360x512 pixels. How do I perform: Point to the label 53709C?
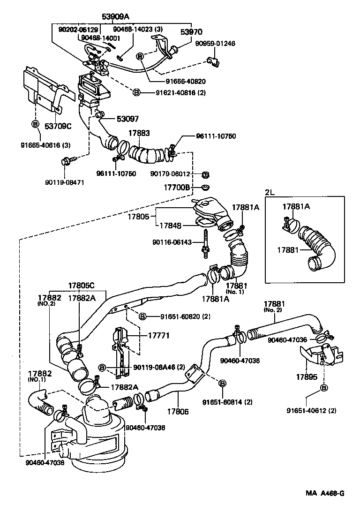(x=58, y=125)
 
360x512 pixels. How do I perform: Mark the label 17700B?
(x=177, y=187)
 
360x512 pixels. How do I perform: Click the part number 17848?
(x=170, y=225)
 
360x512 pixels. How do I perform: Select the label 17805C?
(x=82, y=286)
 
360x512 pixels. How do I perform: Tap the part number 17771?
(x=158, y=336)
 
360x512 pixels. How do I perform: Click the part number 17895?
(x=307, y=376)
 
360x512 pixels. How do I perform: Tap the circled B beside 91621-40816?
(x=136, y=92)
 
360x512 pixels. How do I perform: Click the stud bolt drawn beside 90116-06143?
(x=205, y=242)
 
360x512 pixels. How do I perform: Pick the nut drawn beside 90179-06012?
(x=204, y=174)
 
